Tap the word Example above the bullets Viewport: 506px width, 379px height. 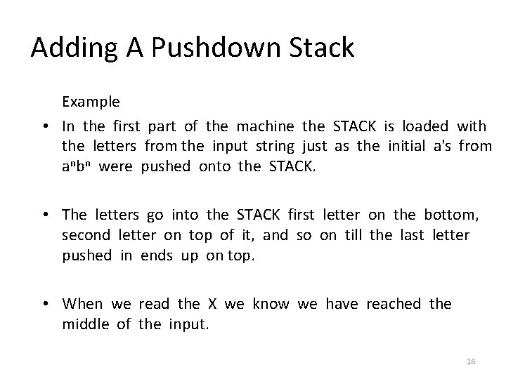[91, 102]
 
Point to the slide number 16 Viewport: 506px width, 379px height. [471, 361]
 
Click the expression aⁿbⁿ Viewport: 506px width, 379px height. [77, 166]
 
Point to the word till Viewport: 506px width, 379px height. [352, 234]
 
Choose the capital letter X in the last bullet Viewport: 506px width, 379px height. [212, 303]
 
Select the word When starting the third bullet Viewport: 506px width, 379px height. [82, 303]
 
